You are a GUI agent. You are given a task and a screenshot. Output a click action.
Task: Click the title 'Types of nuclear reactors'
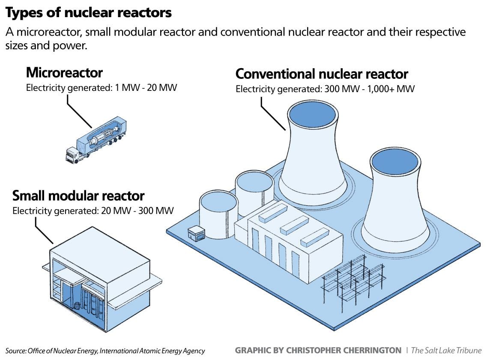[88, 13]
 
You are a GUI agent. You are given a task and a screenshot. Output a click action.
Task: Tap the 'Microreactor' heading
[64, 72]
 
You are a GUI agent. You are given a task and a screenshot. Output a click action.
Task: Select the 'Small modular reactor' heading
[78, 196]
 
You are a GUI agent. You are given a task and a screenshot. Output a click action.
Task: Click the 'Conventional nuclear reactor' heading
[322, 74]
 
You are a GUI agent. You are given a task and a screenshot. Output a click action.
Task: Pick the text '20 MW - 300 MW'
[141, 211]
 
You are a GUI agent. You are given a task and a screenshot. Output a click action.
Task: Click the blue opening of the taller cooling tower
[311, 115]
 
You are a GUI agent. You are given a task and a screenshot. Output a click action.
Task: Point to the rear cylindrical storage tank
[254, 189]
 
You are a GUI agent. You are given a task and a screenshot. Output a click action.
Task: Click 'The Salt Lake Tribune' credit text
[446, 350]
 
